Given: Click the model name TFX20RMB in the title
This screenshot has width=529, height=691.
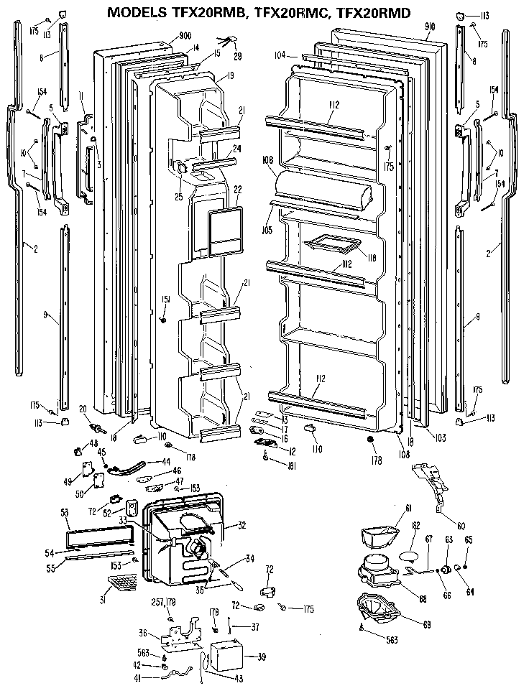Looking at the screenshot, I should [x=203, y=13].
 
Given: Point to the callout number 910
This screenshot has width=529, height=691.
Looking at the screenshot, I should [x=431, y=27].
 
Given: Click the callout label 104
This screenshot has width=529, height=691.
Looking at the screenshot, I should [x=280, y=55].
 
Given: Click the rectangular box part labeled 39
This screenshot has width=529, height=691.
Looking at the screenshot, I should [x=228, y=657].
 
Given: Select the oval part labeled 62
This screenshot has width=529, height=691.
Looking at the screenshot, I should [x=409, y=556].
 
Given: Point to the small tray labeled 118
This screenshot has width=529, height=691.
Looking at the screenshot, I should [x=331, y=246].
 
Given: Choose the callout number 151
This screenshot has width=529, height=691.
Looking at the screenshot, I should [x=165, y=299].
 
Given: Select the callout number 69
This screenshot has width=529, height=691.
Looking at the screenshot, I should [x=426, y=624].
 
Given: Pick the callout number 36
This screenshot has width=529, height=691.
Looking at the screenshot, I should [x=142, y=632].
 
